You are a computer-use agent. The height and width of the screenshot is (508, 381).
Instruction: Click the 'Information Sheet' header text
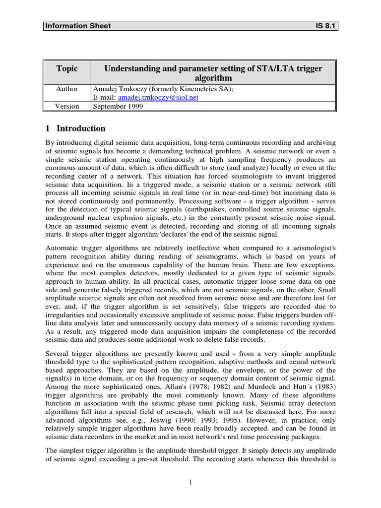pyautogui.click(x=78, y=26)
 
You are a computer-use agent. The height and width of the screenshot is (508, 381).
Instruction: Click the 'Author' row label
pyautogui.click(x=66, y=89)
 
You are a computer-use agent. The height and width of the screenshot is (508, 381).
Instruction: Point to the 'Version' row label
pyautogui.click(x=66, y=106)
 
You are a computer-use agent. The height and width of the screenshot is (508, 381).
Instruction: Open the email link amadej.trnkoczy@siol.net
pyautogui.click(x=158, y=98)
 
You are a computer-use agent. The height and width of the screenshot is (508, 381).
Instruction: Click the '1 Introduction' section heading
pyautogui.click(x=75, y=128)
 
